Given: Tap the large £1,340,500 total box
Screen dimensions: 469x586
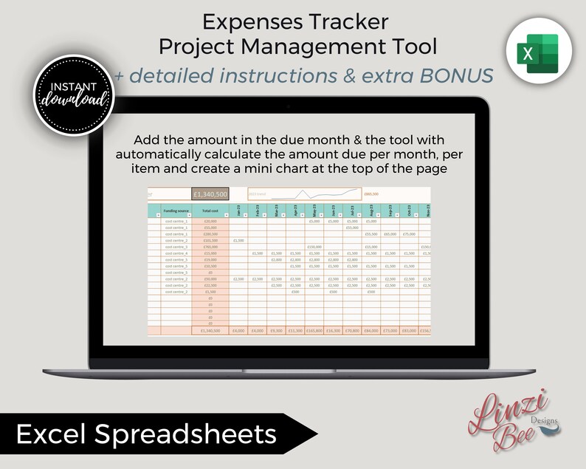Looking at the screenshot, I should (210, 194).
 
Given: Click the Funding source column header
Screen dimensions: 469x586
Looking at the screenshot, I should (176, 210).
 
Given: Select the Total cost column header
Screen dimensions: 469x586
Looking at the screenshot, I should (210, 210).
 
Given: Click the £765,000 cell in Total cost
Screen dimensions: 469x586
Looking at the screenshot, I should (210, 247).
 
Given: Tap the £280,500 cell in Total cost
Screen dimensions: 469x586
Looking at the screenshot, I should (210, 233).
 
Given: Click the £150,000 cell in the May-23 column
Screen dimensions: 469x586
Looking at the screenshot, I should (315, 247).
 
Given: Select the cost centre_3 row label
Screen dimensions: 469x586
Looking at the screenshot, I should (176, 247).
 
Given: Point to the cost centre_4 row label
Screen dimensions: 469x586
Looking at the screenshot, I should (176, 253).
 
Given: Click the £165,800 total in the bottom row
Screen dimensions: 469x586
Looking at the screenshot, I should (315, 330).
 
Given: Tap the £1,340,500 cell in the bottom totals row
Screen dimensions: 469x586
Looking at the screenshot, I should (210, 330).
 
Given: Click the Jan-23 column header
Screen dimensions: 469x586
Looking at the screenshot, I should (238, 210).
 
